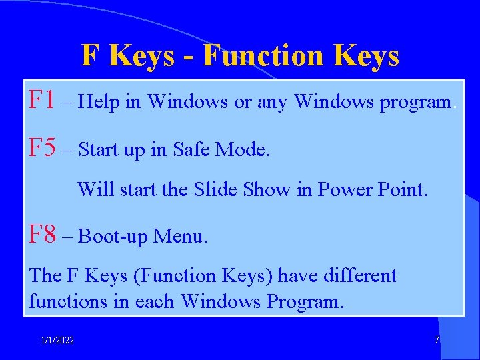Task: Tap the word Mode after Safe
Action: [243, 149]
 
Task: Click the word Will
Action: [96, 189]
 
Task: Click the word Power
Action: [347, 189]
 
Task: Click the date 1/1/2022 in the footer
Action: [57, 341]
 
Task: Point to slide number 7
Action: [437, 341]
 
